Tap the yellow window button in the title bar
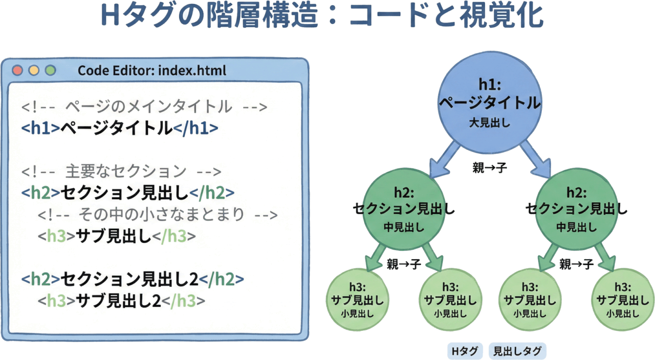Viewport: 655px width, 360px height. (34, 70)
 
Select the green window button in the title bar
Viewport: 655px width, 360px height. (50, 70)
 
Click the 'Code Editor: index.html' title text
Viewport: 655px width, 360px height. (151, 70)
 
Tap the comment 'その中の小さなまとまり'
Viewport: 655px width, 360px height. (158, 214)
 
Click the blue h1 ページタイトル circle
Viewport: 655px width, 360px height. (490, 103)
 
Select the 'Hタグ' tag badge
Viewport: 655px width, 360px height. (465, 351)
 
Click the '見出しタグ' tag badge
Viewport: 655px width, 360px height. (517, 351)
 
